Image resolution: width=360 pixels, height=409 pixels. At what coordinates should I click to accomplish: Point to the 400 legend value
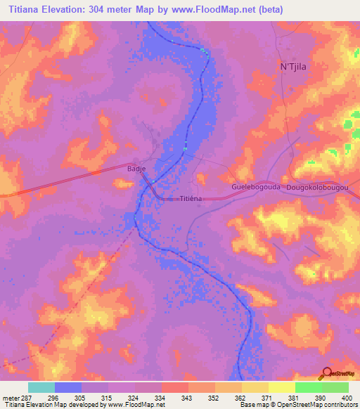[345, 398]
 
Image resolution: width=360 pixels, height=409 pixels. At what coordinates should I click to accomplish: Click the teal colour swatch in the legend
[41, 387]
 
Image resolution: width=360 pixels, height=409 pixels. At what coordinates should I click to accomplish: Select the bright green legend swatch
[309, 387]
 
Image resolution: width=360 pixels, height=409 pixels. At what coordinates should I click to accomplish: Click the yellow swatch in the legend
[255, 387]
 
